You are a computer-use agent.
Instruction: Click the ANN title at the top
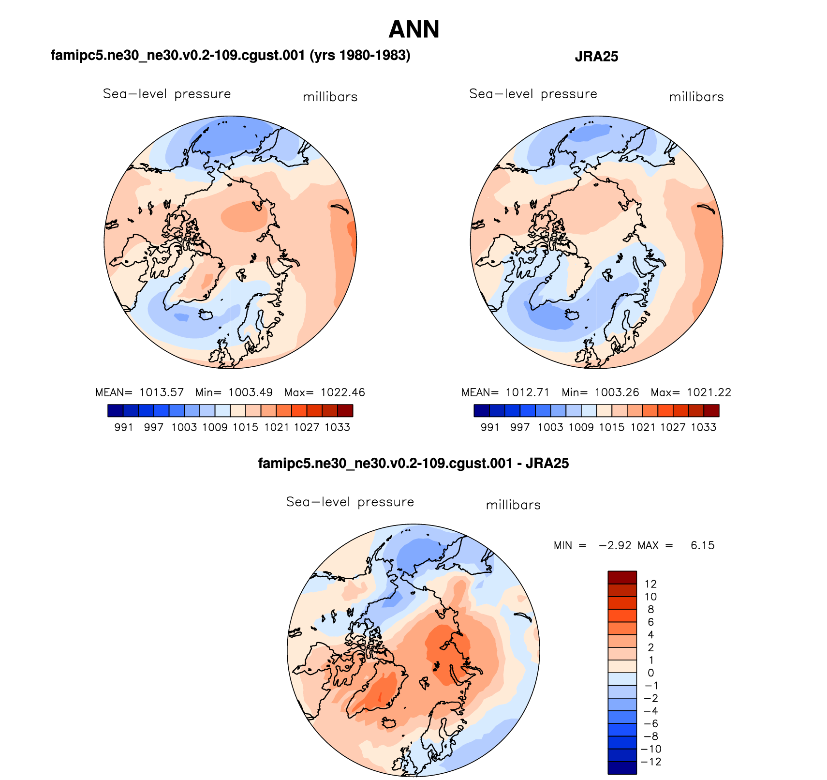[413, 30]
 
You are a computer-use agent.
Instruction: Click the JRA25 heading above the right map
[596, 57]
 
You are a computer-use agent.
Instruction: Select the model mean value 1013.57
[162, 392]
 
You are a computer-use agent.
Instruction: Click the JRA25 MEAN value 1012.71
[528, 392]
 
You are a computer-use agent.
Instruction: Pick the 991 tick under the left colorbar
[124, 427]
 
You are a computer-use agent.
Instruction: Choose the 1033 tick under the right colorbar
[703, 427]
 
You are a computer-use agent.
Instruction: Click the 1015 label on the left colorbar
[246, 427]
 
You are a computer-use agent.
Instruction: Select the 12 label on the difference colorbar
[650, 584]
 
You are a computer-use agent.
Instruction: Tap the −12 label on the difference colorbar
[650, 762]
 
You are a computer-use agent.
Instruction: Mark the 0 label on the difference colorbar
[650, 673]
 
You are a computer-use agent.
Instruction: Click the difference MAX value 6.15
[702, 546]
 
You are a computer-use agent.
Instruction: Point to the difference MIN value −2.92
[615, 546]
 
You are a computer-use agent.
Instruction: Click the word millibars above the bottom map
[513, 505]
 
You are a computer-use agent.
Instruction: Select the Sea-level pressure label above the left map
[167, 94]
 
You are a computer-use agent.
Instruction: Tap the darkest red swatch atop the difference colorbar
[622, 578]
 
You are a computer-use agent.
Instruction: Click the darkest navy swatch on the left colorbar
[116, 411]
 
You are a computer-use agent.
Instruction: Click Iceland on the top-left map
[206, 315]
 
